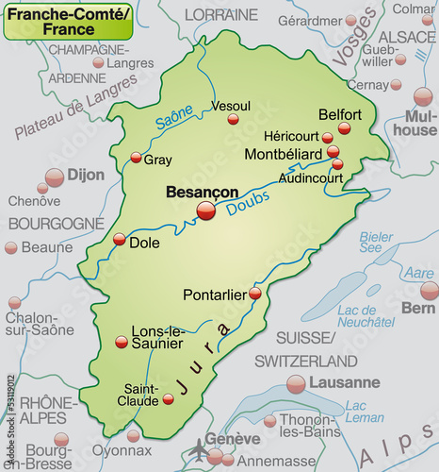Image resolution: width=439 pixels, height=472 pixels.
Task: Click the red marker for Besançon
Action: [205, 212]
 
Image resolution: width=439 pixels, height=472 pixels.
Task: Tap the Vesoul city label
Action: [232, 106]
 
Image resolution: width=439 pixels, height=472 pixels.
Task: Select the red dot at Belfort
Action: [344, 128]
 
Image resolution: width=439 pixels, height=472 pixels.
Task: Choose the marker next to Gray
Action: [136, 158]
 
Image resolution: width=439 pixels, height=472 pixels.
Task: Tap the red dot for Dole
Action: [119, 240]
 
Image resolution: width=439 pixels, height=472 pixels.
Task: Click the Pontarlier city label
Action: [215, 294]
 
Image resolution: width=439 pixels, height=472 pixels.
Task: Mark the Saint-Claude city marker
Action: [168, 399]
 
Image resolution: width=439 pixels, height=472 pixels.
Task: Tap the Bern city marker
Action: [430, 290]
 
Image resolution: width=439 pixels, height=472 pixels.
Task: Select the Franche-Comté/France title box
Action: [66, 20]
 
